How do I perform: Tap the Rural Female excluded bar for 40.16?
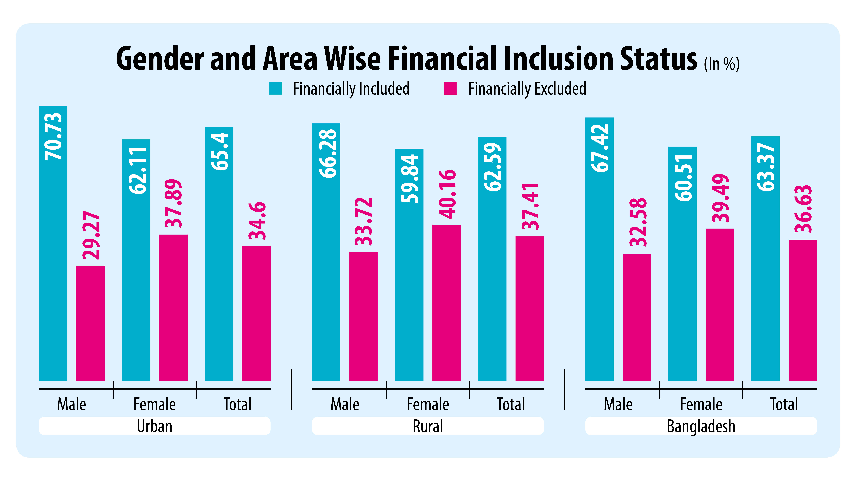click(x=446, y=302)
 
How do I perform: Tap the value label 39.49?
click(x=720, y=198)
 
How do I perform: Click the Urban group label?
click(x=155, y=426)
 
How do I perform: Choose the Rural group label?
click(x=428, y=426)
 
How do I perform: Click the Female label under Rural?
click(x=428, y=404)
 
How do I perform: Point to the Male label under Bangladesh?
click(x=618, y=404)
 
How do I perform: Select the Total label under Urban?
click(x=238, y=404)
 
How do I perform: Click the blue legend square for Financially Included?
click(x=275, y=88)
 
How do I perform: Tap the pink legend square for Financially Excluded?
click(x=450, y=88)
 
